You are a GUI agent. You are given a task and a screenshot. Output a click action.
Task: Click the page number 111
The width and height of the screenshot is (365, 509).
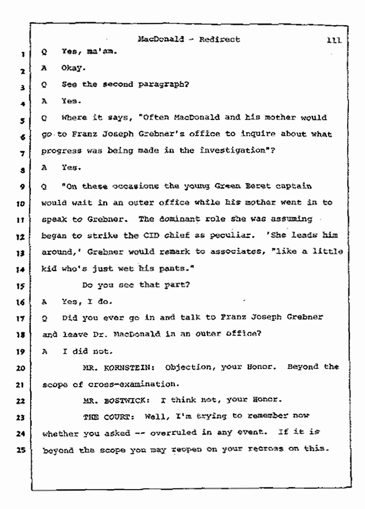click(x=334, y=41)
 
